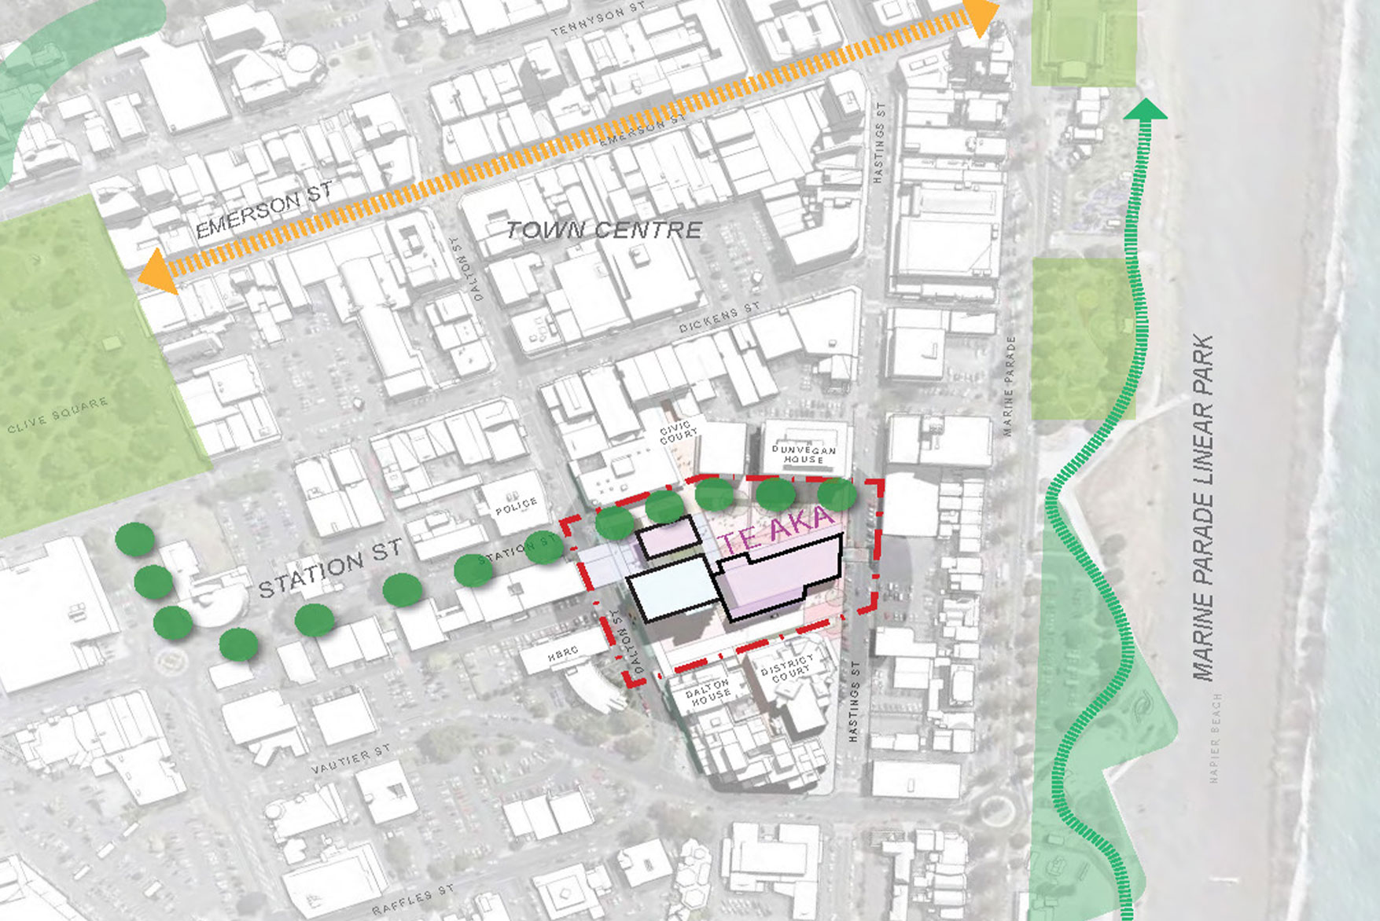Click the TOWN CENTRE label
[604, 229]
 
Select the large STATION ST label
[330, 568]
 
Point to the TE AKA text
[775, 529]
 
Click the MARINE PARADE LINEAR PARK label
[1203, 507]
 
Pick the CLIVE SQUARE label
[57, 416]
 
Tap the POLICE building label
[516, 506]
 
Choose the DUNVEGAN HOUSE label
[803, 453]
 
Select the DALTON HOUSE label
[708, 691]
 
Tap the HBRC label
[563, 653]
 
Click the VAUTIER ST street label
[350, 759]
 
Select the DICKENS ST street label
[719, 317]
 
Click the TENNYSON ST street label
[598, 20]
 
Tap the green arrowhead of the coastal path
[1145, 109]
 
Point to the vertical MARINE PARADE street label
[1010, 386]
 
